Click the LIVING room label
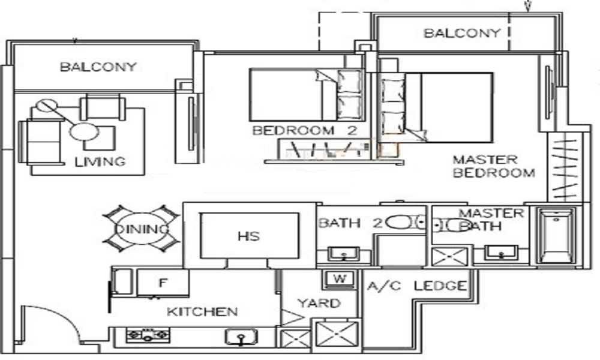pos(100,161)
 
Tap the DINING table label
pos(142,230)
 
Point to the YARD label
pos(319,303)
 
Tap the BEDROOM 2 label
pos(301,131)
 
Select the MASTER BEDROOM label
pos(493,167)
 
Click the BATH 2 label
pos(349,223)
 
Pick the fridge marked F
pos(162,282)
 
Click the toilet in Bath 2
pos(400,223)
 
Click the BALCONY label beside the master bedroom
pos(461,33)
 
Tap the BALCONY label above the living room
pos(98,67)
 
